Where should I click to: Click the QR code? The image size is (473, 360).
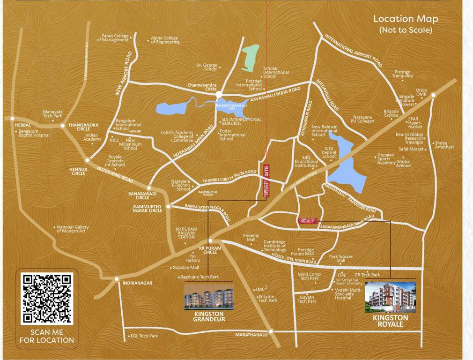pos(47,298)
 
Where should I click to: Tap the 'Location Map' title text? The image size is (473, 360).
pos(406,19)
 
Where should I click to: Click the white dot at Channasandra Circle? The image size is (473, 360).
pos(219,95)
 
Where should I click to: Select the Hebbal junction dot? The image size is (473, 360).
pos(13,119)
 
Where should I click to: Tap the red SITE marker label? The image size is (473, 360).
pos(267,170)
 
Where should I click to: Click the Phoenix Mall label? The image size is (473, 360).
pos(251,238)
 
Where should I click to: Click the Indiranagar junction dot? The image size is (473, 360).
pos(117,279)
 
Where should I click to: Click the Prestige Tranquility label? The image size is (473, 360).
pos(402,74)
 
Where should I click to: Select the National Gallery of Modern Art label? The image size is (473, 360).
pos(72,229)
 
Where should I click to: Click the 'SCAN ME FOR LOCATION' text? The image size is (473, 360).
pos(46,336)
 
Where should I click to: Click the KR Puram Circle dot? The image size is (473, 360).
pos(210,240)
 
